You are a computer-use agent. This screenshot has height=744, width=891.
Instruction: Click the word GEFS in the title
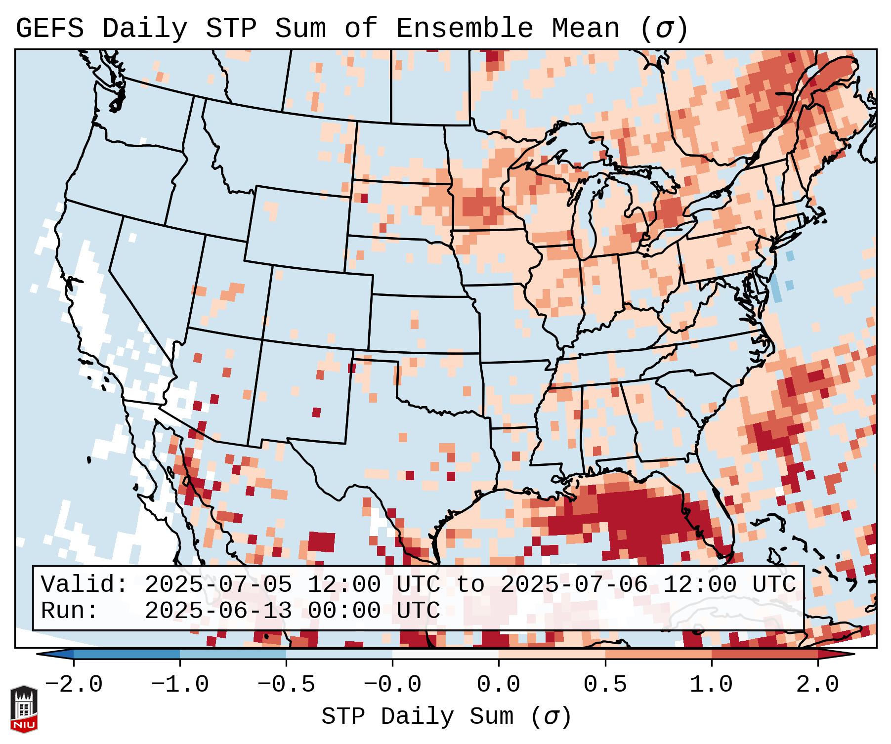click(49, 29)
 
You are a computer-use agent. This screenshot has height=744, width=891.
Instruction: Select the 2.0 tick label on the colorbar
click(817, 685)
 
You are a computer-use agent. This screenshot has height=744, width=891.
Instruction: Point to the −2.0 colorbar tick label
click(74, 685)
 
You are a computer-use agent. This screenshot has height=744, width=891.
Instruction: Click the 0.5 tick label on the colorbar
click(605, 685)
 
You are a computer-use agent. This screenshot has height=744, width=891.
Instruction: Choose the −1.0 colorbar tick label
click(180, 685)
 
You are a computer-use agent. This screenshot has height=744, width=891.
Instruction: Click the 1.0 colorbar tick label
click(711, 685)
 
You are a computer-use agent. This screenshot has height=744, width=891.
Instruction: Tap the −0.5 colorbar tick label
click(286, 685)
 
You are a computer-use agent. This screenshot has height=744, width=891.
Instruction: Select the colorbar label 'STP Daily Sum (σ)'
click(446, 717)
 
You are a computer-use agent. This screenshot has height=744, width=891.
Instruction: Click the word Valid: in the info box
click(85, 584)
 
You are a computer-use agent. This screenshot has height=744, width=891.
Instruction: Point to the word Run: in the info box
click(70, 611)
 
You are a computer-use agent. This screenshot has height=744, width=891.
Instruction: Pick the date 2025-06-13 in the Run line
click(218, 611)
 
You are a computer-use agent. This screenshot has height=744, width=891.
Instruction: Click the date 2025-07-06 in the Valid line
click(574, 584)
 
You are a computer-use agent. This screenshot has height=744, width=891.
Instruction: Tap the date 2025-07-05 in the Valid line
click(218, 584)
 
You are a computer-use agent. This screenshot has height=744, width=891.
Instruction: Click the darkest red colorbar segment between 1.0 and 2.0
click(764, 654)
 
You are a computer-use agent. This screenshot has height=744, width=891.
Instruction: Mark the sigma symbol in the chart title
click(664, 29)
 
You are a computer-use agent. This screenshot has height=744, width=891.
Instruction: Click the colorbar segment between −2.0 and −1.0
click(127, 654)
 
